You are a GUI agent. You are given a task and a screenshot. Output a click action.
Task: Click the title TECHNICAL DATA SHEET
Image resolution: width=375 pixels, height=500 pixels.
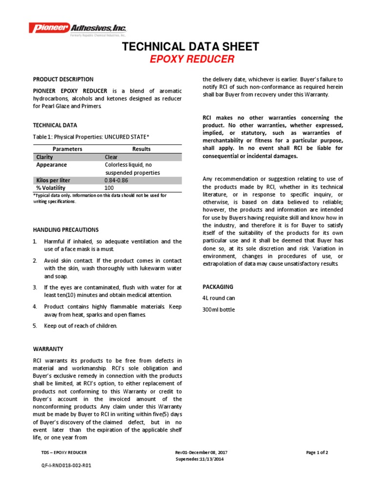[190, 47]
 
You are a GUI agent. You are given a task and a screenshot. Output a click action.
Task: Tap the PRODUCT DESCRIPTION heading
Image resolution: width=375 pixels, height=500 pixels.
[63, 79]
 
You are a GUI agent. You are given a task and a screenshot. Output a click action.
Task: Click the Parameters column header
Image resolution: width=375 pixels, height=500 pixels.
[67, 149]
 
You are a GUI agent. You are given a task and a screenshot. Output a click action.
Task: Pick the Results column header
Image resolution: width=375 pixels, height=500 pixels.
[142, 149]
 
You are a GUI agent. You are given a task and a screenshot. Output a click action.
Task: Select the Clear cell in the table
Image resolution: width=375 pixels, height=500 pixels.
[111, 157]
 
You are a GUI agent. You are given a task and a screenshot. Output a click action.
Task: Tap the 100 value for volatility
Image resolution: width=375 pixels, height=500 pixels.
[109, 187]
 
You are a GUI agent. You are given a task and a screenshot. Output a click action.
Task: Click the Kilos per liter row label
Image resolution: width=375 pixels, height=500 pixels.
[53, 180]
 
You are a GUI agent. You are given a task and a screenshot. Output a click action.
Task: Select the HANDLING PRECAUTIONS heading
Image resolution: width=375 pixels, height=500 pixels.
[66, 229]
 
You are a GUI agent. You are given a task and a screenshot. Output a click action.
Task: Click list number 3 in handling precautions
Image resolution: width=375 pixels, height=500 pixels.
[35, 287]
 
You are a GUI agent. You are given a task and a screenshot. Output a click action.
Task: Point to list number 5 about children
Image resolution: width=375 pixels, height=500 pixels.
[35, 326]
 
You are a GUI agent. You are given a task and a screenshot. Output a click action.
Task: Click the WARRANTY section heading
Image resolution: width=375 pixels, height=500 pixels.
[48, 349]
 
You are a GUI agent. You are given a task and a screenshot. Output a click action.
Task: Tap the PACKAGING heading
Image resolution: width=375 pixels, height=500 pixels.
[218, 287]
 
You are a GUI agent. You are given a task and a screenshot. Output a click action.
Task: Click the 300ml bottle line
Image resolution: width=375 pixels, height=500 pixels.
[218, 310]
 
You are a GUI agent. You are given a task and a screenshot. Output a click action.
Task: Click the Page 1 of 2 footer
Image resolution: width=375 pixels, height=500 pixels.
[317, 453]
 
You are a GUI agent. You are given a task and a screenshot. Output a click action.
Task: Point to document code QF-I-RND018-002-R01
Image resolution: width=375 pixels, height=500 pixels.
[66, 465]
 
